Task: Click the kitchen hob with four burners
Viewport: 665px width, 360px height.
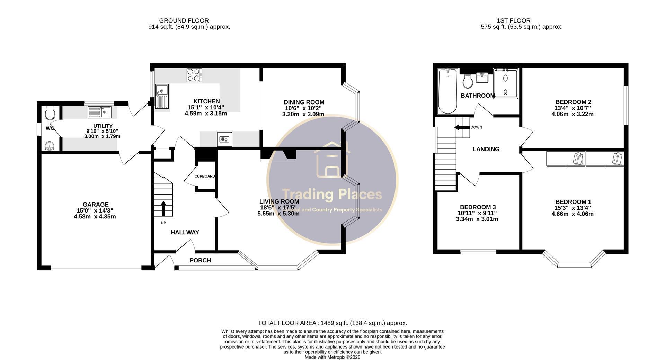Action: pyautogui.click(x=194, y=75)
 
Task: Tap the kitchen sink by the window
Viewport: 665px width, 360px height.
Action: pyautogui.click(x=162, y=96)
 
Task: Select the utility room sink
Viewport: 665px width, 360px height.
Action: pyautogui.click(x=99, y=112)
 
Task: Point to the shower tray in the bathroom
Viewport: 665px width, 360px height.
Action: pyautogui.click(x=506, y=84)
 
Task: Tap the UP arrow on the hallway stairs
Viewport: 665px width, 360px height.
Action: pyautogui.click(x=163, y=208)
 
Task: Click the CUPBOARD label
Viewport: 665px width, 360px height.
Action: pyautogui.click(x=205, y=176)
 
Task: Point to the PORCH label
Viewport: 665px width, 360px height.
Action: pyautogui.click(x=200, y=260)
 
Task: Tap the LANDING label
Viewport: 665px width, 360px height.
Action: pyautogui.click(x=486, y=149)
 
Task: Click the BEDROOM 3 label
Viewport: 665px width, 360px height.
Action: pyautogui.click(x=477, y=207)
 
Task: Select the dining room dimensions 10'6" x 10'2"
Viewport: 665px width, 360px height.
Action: pyautogui.click(x=304, y=108)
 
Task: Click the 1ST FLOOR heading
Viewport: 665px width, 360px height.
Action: pyautogui.click(x=513, y=21)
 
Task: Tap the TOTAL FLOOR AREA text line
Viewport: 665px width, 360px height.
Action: pyautogui.click(x=332, y=323)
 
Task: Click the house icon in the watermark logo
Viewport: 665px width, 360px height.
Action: pyautogui.click(x=331, y=160)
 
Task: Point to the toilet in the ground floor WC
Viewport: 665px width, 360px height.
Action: pyautogui.click(x=51, y=112)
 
